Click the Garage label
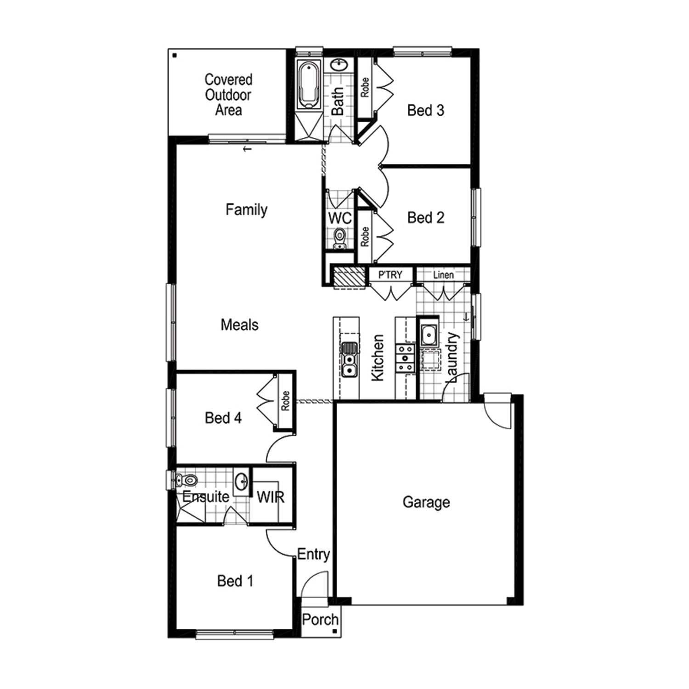click(426, 502)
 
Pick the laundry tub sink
click(429, 335)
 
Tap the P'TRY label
click(390, 275)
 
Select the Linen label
click(443, 275)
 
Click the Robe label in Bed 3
click(365, 87)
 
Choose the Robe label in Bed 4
click(285, 401)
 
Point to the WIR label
click(271, 497)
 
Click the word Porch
click(320, 620)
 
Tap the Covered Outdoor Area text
click(228, 95)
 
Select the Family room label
click(246, 210)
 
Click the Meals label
click(239, 325)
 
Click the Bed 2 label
click(426, 217)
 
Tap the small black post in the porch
click(335, 632)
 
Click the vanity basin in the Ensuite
click(242, 481)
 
